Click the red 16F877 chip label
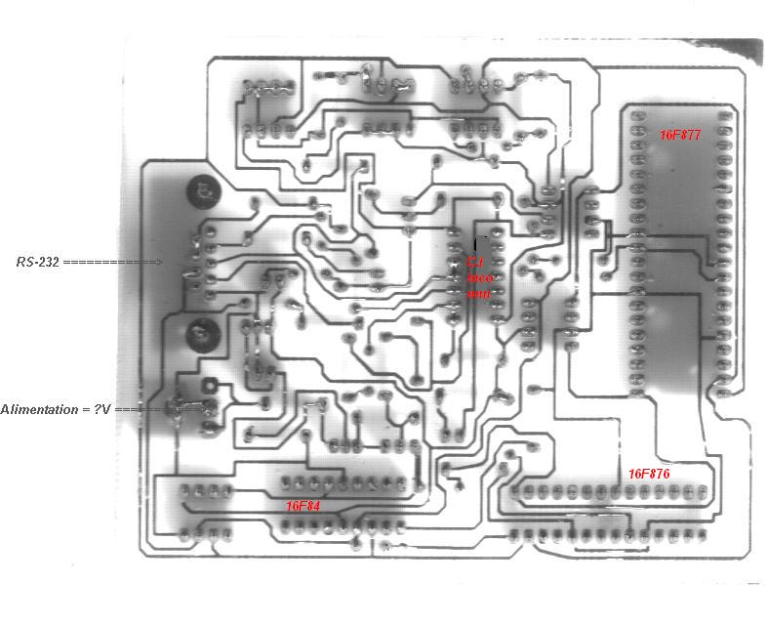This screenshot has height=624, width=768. coord(679,135)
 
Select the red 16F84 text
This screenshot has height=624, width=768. coord(303,506)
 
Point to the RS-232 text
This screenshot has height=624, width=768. coord(38,262)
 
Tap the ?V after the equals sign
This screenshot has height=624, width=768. coord(101,409)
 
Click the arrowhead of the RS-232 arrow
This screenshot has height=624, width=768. coord(159,262)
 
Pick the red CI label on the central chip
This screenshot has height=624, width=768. coord(474,262)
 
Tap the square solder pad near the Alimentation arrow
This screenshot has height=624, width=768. coord(209,386)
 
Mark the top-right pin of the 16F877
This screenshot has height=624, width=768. coord(724,115)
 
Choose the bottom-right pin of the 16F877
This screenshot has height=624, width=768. coord(724,389)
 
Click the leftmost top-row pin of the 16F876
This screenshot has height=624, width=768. coord(517,491)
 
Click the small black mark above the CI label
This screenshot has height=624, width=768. coord(475,240)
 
